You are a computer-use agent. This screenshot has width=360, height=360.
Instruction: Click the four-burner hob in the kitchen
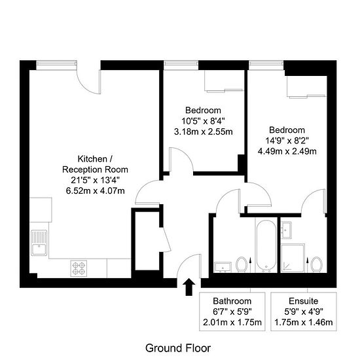(x=79, y=268)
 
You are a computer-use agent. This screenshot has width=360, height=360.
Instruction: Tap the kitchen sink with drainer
(x=39, y=243)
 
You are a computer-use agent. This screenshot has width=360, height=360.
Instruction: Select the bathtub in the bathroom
(x=266, y=246)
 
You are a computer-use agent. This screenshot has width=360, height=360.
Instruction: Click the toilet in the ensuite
(x=316, y=264)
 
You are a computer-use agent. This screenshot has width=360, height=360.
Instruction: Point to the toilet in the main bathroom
(x=242, y=264)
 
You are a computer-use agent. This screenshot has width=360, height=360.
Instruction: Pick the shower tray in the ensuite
(x=293, y=258)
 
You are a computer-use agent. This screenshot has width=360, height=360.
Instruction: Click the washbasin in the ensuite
(x=286, y=230)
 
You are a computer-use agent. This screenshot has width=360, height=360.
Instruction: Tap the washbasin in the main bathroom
(x=223, y=267)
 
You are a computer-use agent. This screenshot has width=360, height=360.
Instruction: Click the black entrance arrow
(x=189, y=287)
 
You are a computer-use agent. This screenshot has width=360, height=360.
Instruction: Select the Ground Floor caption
(x=178, y=348)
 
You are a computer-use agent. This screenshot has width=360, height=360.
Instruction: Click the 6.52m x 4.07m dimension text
(x=96, y=190)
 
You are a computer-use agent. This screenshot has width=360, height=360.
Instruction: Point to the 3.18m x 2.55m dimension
(x=203, y=132)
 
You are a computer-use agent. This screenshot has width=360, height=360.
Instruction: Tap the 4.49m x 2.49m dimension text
(x=287, y=151)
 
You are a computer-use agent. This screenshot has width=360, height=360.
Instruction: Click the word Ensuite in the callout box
(x=304, y=301)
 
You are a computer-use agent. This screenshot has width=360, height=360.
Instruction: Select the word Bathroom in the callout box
(x=232, y=301)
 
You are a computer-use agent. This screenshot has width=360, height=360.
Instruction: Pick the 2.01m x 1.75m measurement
(x=232, y=322)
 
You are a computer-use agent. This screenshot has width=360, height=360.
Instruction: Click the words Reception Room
(x=95, y=170)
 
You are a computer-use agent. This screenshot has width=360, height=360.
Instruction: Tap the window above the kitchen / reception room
(x=56, y=64)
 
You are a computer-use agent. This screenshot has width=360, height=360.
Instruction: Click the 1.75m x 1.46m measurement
(x=304, y=322)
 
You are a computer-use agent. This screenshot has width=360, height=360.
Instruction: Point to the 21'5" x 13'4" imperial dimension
(x=96, y=180)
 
